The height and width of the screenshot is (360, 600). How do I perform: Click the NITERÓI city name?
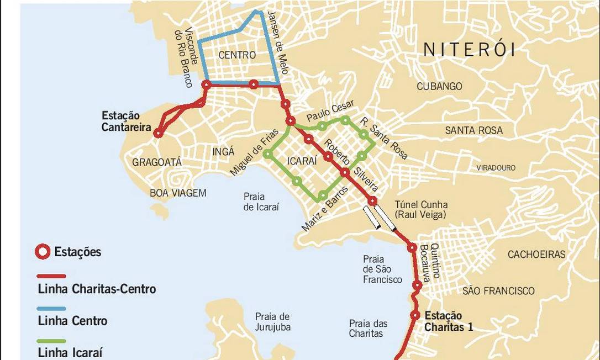click(x=469, y=50)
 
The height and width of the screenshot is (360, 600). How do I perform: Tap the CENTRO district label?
click(x=237, y=55)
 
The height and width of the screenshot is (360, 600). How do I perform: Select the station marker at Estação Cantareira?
click(x=158, y=133)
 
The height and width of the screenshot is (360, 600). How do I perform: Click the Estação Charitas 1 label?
click(x=448, y=321)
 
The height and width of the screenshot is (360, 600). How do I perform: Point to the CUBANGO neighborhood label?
click(x=439, y=87)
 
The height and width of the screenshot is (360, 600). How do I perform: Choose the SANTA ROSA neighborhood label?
click(x=474, y=130)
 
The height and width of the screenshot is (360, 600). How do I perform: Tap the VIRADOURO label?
click(x=496, y=168)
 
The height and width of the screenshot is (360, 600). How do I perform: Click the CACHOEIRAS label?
click(x=536, y=255)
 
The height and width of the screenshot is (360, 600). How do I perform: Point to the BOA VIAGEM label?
click(x=178, y=193)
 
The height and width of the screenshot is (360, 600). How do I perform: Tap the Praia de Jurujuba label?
click(x=273, y=322)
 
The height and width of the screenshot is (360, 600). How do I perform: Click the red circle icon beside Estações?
click(x=43, y=252)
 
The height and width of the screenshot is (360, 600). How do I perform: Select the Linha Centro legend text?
click(x=72, y=321)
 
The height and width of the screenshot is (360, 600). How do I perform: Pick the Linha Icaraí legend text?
click(x=70, y=352)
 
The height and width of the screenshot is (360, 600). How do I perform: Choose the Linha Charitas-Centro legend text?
click(x=97, y=289)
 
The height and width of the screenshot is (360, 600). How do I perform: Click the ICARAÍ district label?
click(x=302, y=162)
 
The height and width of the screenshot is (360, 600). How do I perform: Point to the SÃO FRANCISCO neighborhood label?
click(x=498, y=291)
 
